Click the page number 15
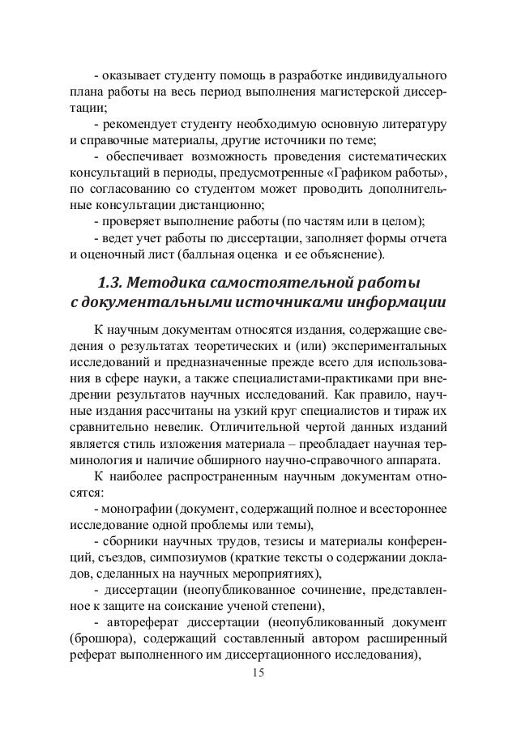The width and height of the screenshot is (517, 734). (x=258, y=673)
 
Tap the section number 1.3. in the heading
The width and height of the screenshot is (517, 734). (x=111, y=284)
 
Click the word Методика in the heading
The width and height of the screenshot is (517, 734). (x=166, y=284)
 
